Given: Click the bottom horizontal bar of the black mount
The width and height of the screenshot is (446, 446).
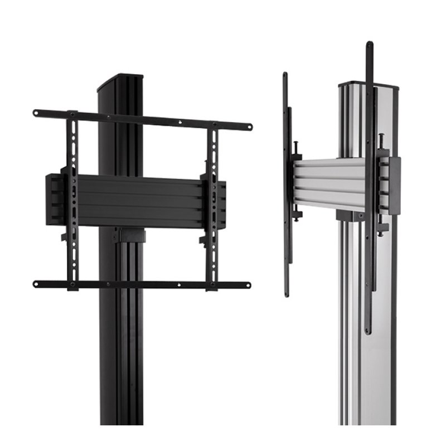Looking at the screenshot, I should pyautogui.click(x=142, y=284).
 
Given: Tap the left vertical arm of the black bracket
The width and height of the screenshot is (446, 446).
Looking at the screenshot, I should pyautogui.click(x=72, y=201).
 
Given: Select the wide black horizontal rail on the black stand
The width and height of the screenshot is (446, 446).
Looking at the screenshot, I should pyautogui.click(x=139, y=201).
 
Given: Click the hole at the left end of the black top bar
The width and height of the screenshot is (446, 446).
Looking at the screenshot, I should pyautogui.click(x=37, y=113).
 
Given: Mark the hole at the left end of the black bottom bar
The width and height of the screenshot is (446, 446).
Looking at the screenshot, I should pyautogui.click(x=37, y=283).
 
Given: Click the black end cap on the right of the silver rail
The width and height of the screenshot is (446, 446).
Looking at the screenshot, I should pyautogui.click(x=394, y=186).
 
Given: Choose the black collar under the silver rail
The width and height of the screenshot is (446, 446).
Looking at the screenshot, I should pyautogui.click(x=351, y=216).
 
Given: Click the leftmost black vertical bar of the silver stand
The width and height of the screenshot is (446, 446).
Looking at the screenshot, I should pyautogui.click(x=285, y=184).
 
